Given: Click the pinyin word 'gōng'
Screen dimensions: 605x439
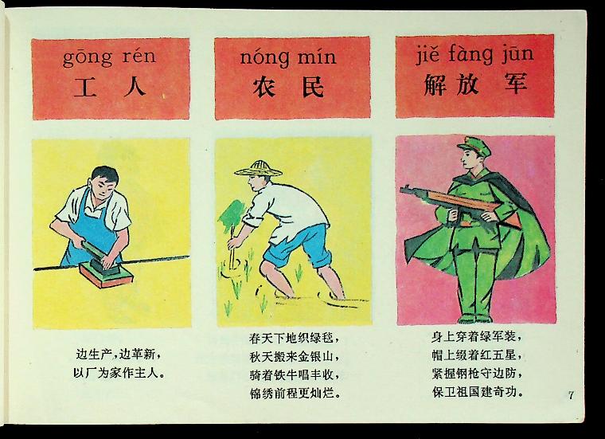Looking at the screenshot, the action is [x=88, y=57].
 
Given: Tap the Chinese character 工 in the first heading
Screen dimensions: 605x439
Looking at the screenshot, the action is [x=85, y=88].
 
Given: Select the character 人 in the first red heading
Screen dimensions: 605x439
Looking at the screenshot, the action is [x=135, y=88].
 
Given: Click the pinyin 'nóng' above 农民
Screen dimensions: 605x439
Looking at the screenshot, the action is [x=264, y=58].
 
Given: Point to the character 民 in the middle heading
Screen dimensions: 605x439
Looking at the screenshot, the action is [x=313, y=87].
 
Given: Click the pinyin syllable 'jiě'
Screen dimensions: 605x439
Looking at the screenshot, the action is [x=428, y=55].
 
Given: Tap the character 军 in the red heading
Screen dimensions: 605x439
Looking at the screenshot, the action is [x=516, y=84].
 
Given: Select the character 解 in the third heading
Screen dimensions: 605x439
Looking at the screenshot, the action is [x=435, y=84].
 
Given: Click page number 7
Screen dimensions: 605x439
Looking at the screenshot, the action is [x=571, y=395].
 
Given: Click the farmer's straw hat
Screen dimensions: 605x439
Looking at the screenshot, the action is [x=258, y=169].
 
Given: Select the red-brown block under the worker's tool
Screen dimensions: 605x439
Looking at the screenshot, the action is [x=107, y=276].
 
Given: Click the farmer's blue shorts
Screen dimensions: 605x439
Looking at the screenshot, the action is [x=299, y=245].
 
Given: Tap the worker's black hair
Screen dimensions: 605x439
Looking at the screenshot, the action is [x=105, y=174].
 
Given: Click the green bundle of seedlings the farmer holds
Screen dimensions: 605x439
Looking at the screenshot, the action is [x=231, y=215].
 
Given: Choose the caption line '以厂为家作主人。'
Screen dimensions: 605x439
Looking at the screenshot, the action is [x=119, y=373].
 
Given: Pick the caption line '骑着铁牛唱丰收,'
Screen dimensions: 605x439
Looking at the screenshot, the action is [x=295, y=375].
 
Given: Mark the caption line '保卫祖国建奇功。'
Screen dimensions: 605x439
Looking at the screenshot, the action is [x=478, y=392].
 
